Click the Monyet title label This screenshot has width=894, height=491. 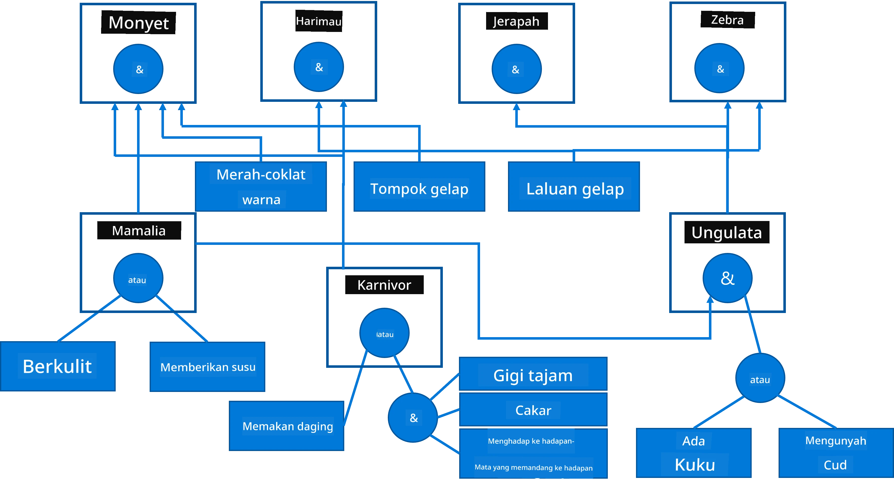(x=139, y=23)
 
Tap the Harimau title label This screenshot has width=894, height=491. (x=319, y=21)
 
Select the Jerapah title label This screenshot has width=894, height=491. (x=517, y=21)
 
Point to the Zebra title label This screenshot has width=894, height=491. (x=728, y=20)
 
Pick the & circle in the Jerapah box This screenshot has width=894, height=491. (x=517, y=69)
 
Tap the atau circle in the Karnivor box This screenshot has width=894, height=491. (x=384, y=333)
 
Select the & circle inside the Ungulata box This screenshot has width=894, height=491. (x=728, y=278)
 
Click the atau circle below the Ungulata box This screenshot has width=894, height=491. (x=760, y=378)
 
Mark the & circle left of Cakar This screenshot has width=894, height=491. (x=413, y=417)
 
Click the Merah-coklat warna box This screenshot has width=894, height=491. (x=261, y=186)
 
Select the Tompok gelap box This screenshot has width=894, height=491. (x=419, y=186)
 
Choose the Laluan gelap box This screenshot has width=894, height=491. (x=574, y=186)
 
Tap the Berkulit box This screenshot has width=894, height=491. (x=58, y=366)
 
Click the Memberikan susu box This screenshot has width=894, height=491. (x=207, y=367)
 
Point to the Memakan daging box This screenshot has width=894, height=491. (x=287, y=426)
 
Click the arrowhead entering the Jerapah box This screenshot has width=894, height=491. (x=517, y=107)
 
